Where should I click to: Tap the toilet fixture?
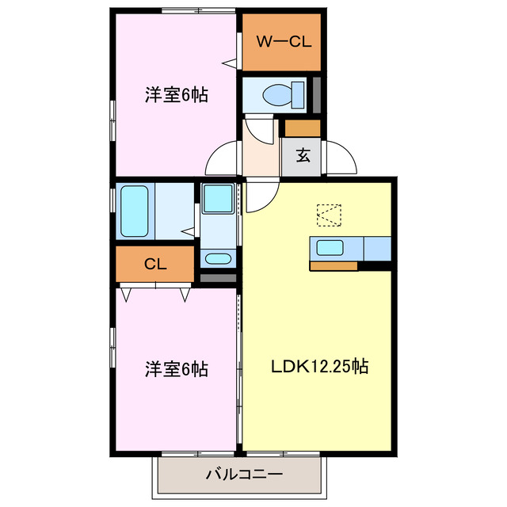pos(282,94)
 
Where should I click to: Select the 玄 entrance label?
pos(303,155)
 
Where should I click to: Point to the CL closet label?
pos(155,265)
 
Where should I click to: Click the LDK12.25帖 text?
pos(318,367)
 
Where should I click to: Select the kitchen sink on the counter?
pos(331,248)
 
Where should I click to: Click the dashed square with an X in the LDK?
pos(328,215)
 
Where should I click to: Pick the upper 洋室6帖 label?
pos(176,95)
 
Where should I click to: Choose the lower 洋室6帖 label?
pos(176,369)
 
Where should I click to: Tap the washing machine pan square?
pos(216,198)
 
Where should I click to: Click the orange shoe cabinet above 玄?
pos(303,128)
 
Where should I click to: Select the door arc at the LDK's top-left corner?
pos(258,197)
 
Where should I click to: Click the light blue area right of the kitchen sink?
pos(377,248)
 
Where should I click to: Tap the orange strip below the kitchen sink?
pos(333,266)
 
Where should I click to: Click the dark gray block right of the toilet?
pos(317,94)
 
